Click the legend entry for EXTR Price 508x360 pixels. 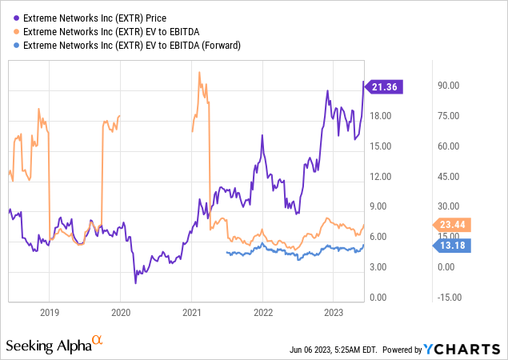[x=95, y=16]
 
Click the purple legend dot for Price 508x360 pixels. [x=9, y=16]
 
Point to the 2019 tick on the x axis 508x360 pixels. [x=50, y=313]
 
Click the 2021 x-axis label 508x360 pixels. [x=192, y=313]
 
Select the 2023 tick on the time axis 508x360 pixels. [x=334, y=313]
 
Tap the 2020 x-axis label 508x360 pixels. [x=120, y=313]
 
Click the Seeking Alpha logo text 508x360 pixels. [x=47, y=346]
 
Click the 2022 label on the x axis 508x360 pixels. [x=263, y=313]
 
